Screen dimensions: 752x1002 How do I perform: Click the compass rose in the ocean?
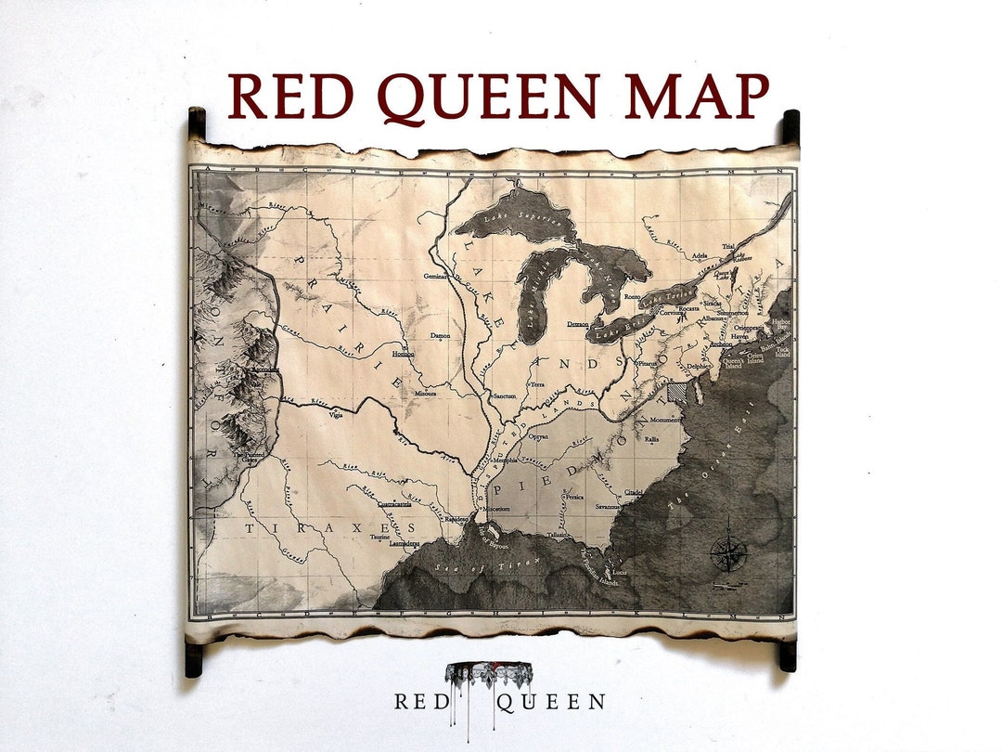[727, 554]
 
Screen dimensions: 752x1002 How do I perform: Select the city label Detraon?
[573, 324]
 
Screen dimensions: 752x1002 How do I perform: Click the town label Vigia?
[336, 416]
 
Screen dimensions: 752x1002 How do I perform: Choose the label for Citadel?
[634, 492]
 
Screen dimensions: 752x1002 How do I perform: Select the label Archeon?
[720, 344]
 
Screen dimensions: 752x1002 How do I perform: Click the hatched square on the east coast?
[678, 393]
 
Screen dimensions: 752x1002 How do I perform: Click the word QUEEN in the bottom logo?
[550, 702]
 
